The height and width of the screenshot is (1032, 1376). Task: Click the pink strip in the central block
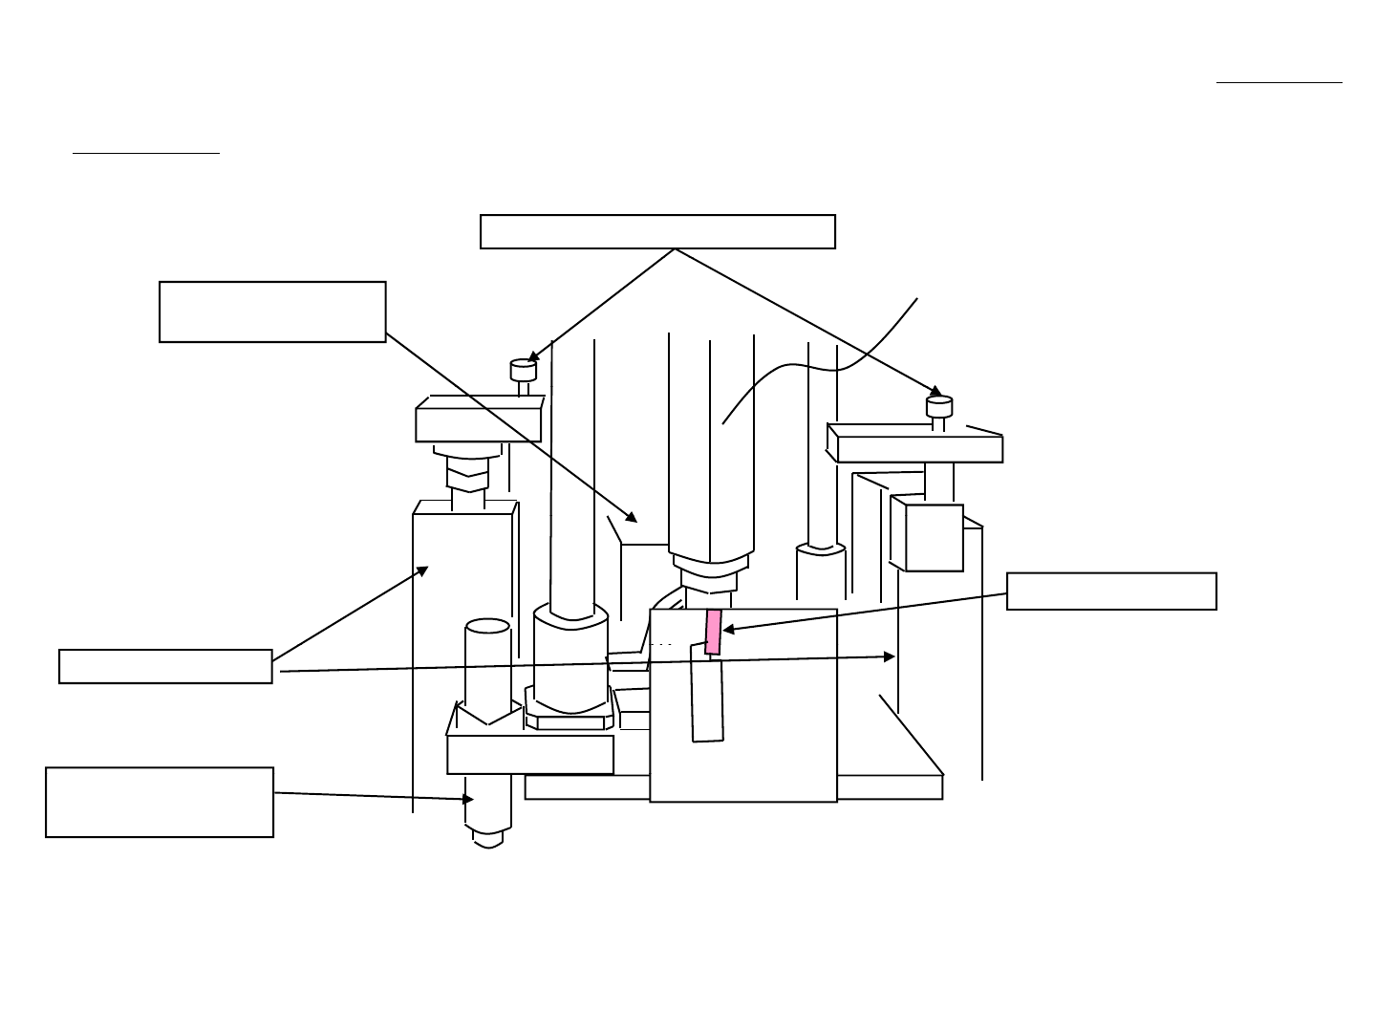click(x=713, y=632)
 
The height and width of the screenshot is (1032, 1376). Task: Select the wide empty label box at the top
click(x=657, y=232)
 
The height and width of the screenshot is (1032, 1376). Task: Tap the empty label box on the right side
click(x=1111, y=591)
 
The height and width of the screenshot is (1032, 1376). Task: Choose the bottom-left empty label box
click(x=160, y=803)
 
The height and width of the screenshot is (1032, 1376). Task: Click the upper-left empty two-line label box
click(x=272, y=312)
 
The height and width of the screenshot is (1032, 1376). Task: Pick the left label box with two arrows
click(x=165, y=667)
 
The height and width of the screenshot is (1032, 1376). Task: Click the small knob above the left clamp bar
click(x=523, y=370)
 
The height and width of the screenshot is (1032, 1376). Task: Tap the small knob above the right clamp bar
click(x=939, y=407)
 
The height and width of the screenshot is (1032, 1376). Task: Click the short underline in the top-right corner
click(x=1279, y=83)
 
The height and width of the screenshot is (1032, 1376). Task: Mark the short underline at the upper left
click(x=146, y=152)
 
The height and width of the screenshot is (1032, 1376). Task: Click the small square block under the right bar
click(x=926, y=537)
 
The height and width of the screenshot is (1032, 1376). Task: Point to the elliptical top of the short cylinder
click(x=487, y=627)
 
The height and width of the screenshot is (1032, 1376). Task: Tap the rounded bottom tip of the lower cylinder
click(x=488, y=840)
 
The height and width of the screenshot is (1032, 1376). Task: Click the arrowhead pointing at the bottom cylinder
click(x=468, y=799)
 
